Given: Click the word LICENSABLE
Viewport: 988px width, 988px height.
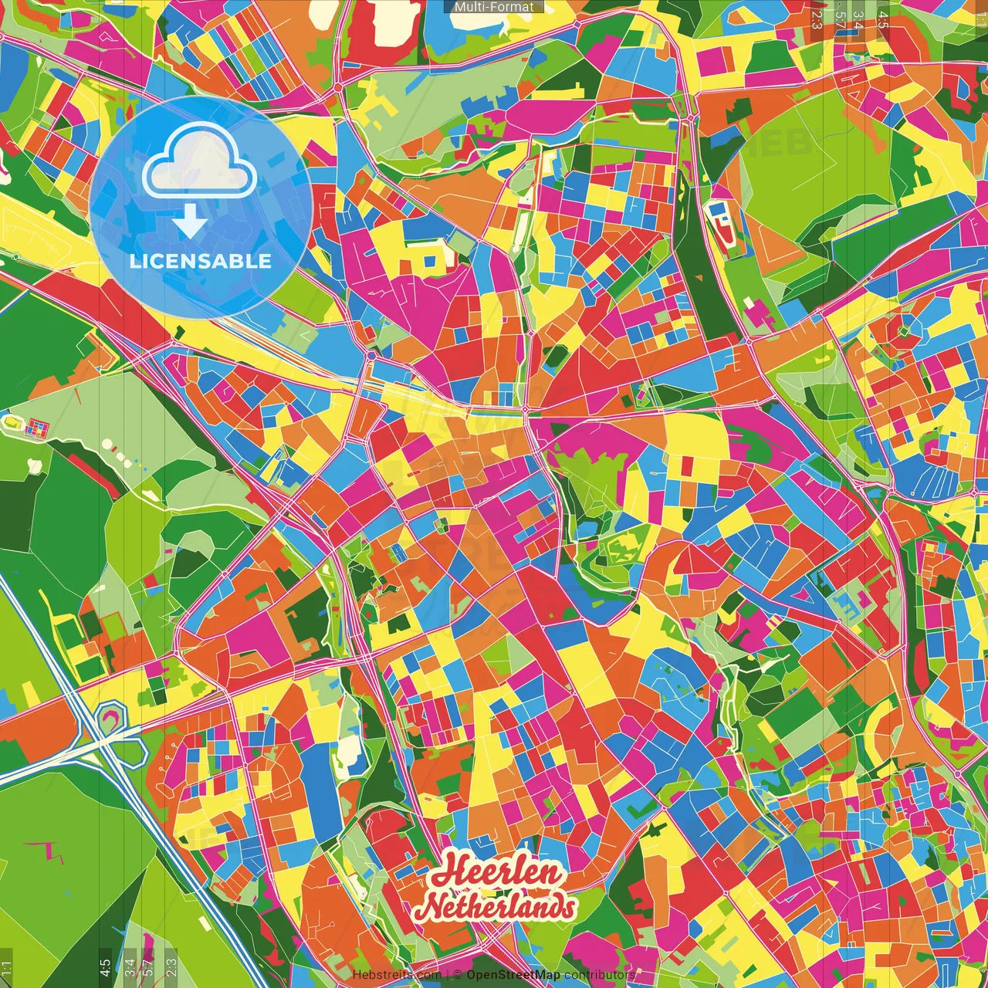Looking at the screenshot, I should tap(200, 261).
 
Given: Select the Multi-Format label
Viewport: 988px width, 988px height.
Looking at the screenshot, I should tap(494, 7).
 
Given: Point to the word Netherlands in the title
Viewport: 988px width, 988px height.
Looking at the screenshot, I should tap(499, 907).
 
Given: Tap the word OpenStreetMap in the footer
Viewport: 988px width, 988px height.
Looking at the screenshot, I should tap(513, 975).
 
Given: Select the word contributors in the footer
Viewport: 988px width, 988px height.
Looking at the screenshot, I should tap(600, 975).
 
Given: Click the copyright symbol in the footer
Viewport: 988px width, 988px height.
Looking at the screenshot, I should tap(457, 975).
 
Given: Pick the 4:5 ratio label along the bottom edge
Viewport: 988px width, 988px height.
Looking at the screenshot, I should tap(105, 967).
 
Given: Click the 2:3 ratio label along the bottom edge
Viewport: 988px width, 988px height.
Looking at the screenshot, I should tap(171, 967).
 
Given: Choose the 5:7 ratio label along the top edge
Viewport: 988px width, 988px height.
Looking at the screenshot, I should tap(840, 20).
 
